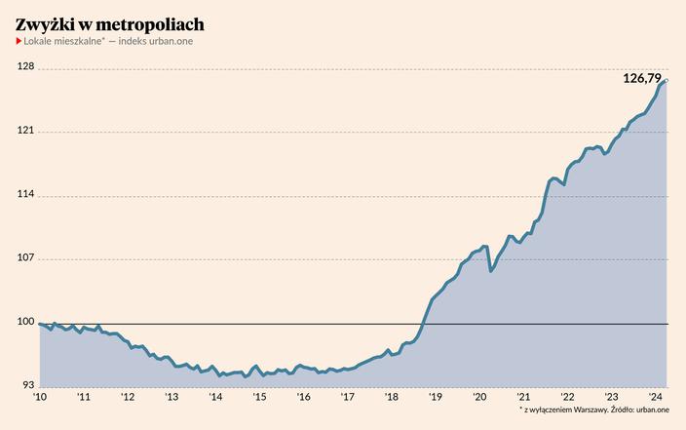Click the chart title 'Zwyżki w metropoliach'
click(110, 22)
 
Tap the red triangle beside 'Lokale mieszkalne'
click(19, 45)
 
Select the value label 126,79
click(642, 78)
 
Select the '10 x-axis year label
click(40, 397)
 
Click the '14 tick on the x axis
click(215, 397)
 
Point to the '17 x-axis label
click(348, 397)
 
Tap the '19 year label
click(436, 397)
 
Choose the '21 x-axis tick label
click(523, 397)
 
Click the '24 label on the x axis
click(656, 397)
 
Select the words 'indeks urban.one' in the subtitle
click(155, 45)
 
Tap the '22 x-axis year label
click(567, 397)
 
